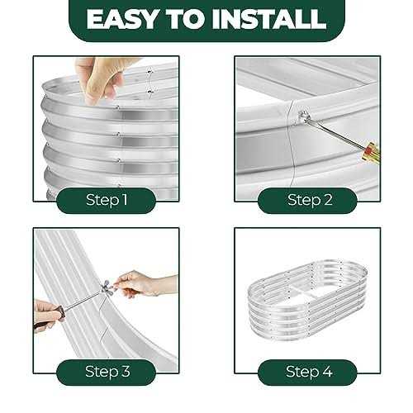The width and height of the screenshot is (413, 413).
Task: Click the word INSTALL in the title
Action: click(x=269, y=19)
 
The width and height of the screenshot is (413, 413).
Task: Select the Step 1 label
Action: click(x=107, y=200)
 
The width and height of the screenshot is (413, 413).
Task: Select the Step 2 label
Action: click(x=310, y=200)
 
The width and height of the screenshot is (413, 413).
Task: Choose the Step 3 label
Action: click(x=107, y=371)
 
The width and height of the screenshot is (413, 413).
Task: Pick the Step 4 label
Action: click(x=309, y=371)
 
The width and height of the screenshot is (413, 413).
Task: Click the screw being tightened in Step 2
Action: click(x=303, y=115)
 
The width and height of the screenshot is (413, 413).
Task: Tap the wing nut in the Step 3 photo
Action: click(x=107, y=287)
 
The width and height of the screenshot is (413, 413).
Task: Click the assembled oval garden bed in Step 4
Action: click(x=308, y=300)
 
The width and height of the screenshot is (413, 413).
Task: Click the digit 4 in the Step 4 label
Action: click(x=327, y=372)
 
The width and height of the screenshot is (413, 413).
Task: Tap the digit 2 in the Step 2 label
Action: click(x=328, y=200)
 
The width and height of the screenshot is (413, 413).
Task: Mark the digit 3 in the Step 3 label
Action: click(x=126, y=371)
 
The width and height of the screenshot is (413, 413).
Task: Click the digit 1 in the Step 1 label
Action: click(x=126, y=200)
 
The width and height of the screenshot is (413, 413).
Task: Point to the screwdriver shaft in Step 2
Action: click(x=335, y=133)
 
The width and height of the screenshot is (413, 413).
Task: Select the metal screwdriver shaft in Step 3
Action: click(x=82, y=301)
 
